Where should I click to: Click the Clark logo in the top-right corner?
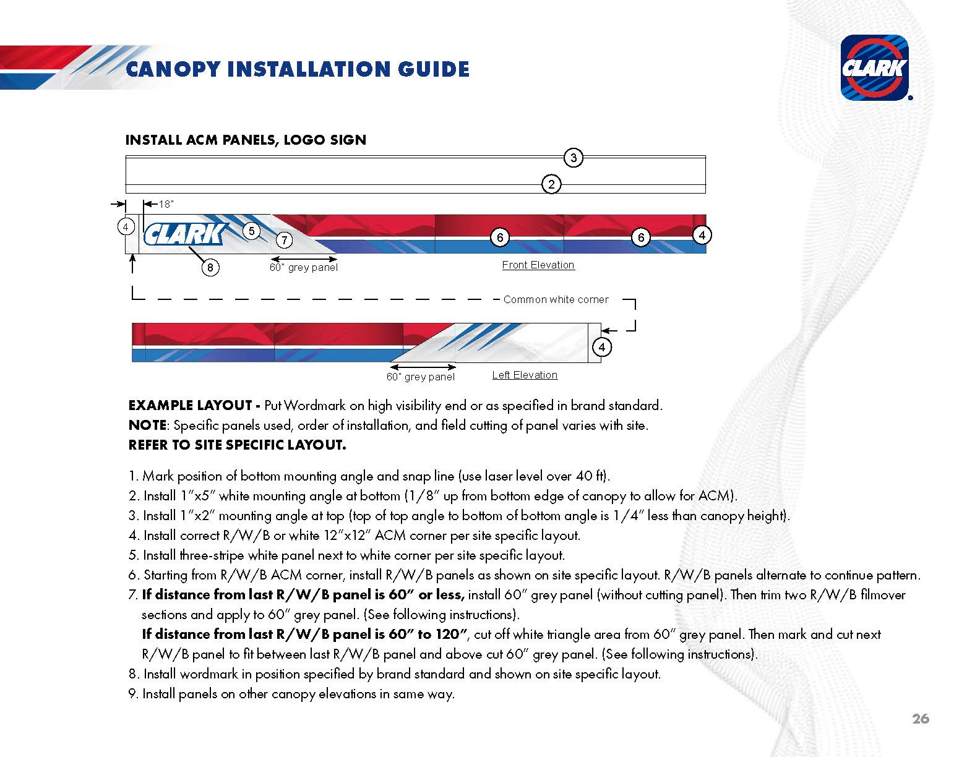coord(874,67)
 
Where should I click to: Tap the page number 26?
coord(921,719)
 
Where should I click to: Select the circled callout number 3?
coord(574,158)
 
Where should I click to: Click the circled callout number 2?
coord(551,184)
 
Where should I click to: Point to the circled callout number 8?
coord(210,267)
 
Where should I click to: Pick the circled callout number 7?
coord(283,240)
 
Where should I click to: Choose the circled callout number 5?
coord(251,231)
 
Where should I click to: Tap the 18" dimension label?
coord(166,204)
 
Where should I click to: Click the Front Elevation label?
coord(538,265)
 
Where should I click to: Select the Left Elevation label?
coord(525,375)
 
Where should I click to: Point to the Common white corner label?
coord(556,299)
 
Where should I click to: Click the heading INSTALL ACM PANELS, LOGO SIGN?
coord(246,140)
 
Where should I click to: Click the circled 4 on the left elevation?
coord(602,347)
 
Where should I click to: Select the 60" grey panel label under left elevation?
coord(420,377)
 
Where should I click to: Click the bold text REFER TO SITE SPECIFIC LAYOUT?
coord(237,445)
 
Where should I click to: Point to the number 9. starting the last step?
coord(133,694)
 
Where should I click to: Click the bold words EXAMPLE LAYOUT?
coord(190,406)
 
